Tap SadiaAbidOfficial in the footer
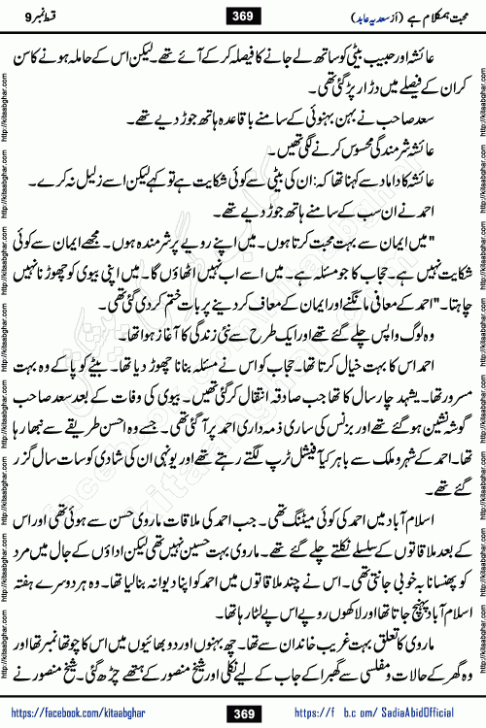[407, 714]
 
